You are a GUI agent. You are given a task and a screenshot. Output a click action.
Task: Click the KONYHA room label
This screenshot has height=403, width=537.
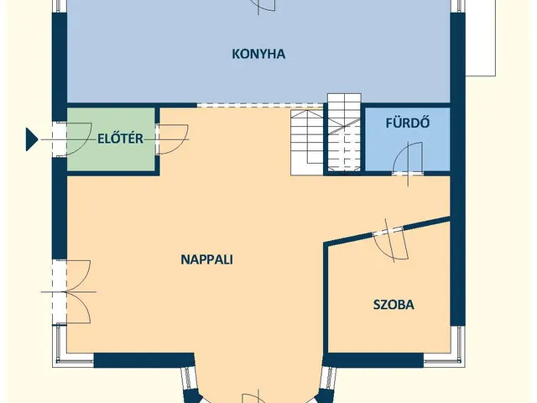[258, 54]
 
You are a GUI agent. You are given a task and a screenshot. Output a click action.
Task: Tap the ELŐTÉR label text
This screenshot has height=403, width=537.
[120, 139]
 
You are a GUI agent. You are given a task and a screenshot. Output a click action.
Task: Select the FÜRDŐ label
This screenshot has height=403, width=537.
[408, 123]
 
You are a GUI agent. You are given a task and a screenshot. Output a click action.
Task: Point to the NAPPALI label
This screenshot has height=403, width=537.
[207, 259]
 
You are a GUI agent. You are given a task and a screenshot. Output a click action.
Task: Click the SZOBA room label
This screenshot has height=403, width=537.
[394, 305]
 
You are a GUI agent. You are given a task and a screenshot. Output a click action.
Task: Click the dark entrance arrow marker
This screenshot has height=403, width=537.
[32, 139]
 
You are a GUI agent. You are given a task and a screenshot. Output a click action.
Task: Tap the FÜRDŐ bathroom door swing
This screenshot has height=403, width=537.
[408, 160]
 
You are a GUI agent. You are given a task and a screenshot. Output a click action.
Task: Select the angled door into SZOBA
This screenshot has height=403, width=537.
[391, 241]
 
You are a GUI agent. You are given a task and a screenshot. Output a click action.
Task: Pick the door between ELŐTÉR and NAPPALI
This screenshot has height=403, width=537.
[172, 139]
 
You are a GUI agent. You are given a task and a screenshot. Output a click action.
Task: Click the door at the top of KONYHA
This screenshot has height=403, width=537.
[263, 6]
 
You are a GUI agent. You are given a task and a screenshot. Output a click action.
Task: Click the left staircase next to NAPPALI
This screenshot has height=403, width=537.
[307, 143]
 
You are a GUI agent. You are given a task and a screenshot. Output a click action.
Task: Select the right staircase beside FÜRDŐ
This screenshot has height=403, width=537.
[344, 133]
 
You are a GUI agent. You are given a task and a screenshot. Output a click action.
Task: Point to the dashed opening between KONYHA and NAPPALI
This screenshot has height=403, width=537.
[260, 105]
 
